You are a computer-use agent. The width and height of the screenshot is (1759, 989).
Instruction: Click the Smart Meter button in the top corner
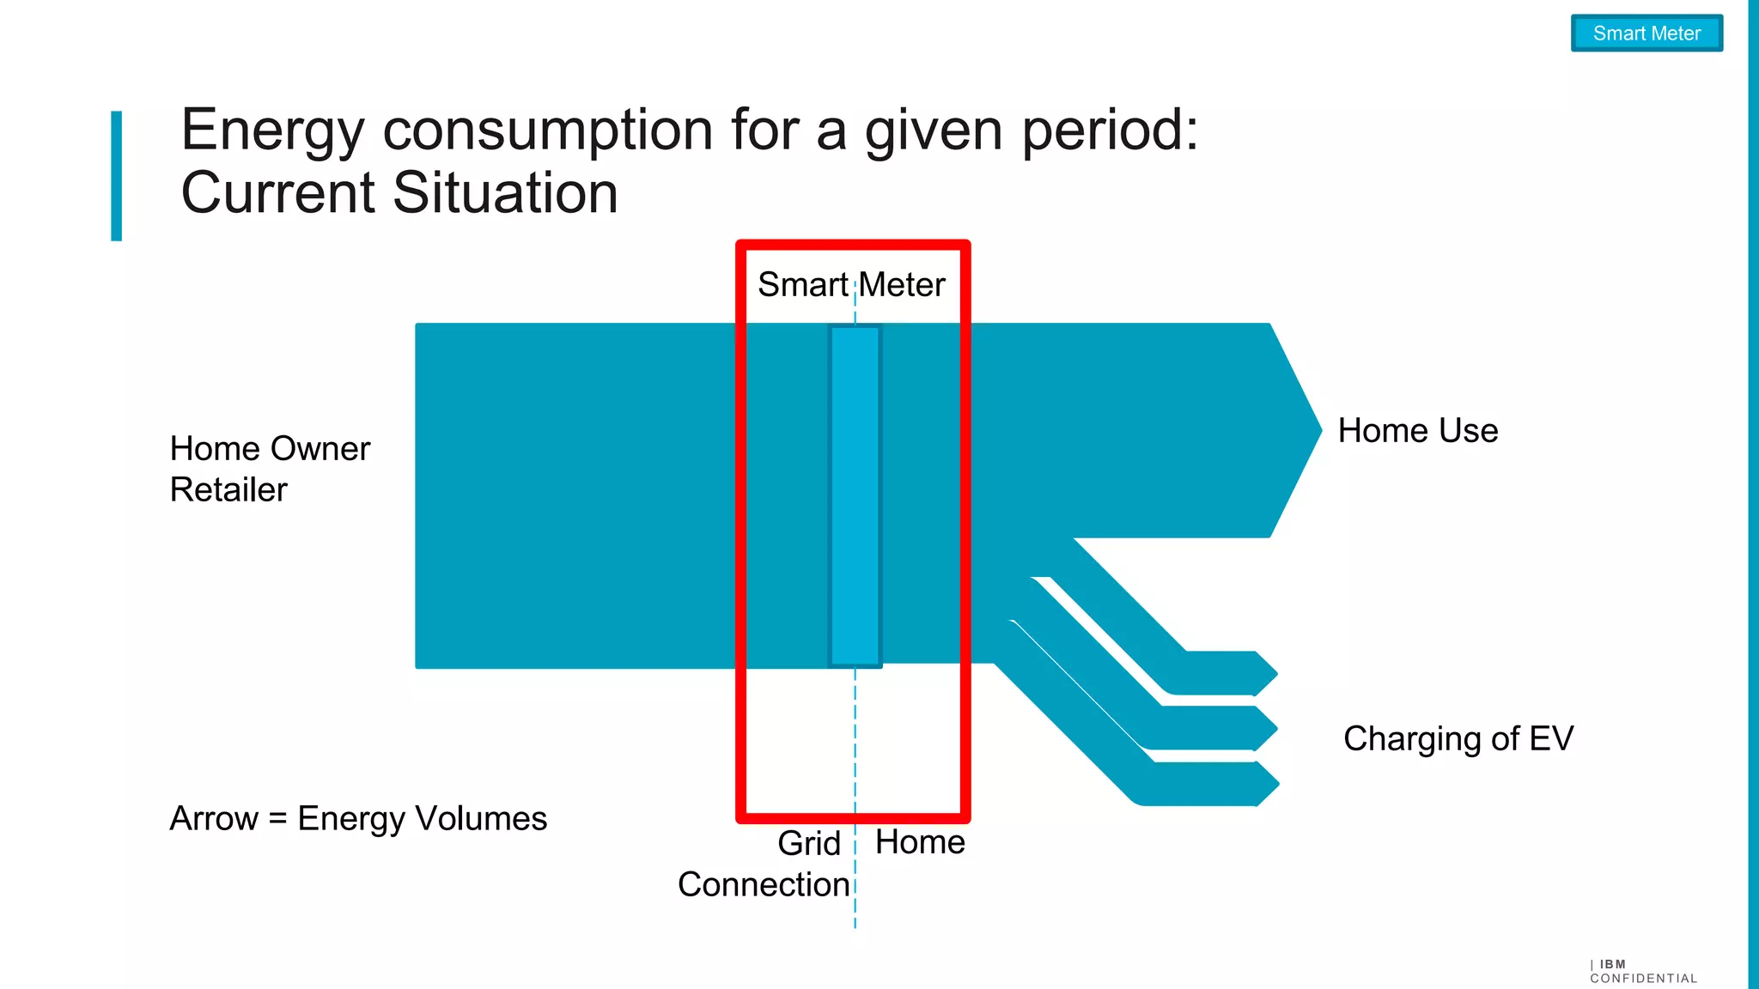pos(1646,33)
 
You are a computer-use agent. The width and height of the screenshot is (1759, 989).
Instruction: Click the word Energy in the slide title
pos(272,130)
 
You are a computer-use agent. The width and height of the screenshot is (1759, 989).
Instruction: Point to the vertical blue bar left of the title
pos(117,176)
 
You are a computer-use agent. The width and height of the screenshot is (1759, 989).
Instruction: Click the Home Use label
pos(1417,431)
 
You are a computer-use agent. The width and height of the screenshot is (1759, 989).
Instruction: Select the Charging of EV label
pos(1458,738)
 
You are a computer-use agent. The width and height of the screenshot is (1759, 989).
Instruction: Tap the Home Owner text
pos(270,448)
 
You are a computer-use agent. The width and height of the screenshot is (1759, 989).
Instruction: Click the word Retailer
pos(228,489)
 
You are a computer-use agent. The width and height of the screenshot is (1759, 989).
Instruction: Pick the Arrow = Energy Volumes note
pos(358,818)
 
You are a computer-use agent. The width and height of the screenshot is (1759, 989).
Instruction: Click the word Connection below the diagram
pos(763,884)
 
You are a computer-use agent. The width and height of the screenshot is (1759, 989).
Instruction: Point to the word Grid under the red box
pos(808,843)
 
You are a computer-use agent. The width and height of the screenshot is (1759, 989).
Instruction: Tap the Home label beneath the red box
pos(920,842)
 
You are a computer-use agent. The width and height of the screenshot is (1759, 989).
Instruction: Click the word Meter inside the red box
pos(902,284)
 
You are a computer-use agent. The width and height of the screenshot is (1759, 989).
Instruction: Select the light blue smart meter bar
pos(855,495)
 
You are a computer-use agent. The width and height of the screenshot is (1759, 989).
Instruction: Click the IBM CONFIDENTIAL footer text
pos(1642,972)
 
